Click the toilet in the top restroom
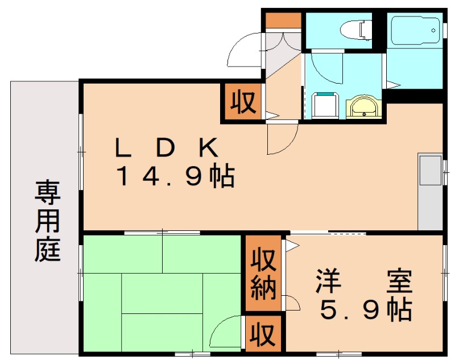tap(356, 30)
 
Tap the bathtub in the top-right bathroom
tap(416, 30)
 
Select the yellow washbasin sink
tap(363, 106)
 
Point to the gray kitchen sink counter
tap(430, 191)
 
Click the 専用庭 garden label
tap(47, 221)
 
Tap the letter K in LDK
tap(208, 147)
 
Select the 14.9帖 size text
tap(175, 176)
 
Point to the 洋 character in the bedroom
tap(329, 281)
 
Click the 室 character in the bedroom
tap(399, 281)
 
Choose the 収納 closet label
tap(263, 274)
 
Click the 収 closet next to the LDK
tap(243, 102)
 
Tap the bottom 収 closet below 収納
tap(263, 334)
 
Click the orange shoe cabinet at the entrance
tap(283, 20)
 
